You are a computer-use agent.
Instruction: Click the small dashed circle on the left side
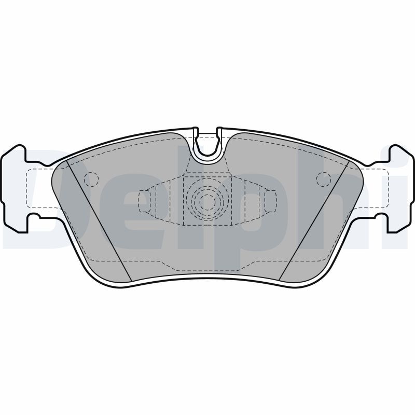coord(91,179)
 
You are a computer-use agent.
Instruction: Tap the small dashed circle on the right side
coord(324,179)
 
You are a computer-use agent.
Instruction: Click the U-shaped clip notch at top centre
coord(208,145)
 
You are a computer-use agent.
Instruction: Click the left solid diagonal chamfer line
coord(100,221)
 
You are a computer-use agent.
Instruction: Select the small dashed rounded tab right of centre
coord(270,201)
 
